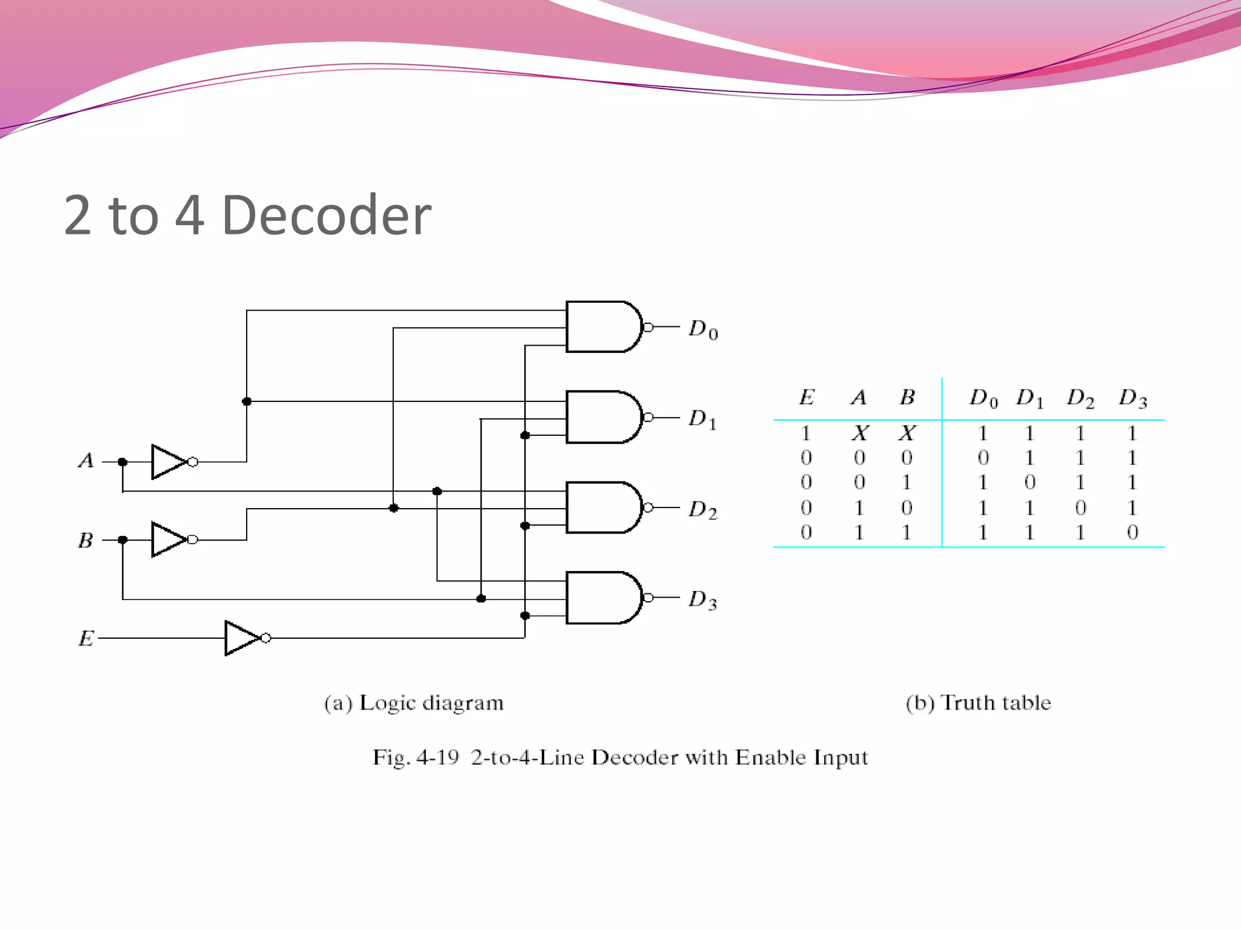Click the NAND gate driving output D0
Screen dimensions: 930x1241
tap(603, 327)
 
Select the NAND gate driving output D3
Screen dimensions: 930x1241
tap(603, 598)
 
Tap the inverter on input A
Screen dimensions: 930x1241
tap(170, 462)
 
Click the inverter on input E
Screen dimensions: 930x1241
tap(242, 638)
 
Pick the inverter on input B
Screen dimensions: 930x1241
tap(170, 539)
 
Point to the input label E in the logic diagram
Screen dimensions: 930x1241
tap(86, 638)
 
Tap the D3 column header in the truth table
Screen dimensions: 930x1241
tap(1133, 398)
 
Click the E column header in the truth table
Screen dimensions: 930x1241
tap(807, 397)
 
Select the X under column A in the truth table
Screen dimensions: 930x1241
tap(860, 433)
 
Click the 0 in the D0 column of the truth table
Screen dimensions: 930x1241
tap(983, 458)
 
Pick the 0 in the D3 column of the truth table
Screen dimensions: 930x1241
tap(1132, 532)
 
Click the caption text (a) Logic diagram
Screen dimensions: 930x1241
tap(414, 703)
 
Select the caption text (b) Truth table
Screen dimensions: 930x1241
tap(978, 703)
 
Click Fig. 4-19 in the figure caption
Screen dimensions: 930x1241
tap(416, 757)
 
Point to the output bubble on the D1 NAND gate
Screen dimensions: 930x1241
tap(648, 417)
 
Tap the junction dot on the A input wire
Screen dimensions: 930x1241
tap(122, 462)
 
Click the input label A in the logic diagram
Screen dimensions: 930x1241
tap(86, 461)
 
